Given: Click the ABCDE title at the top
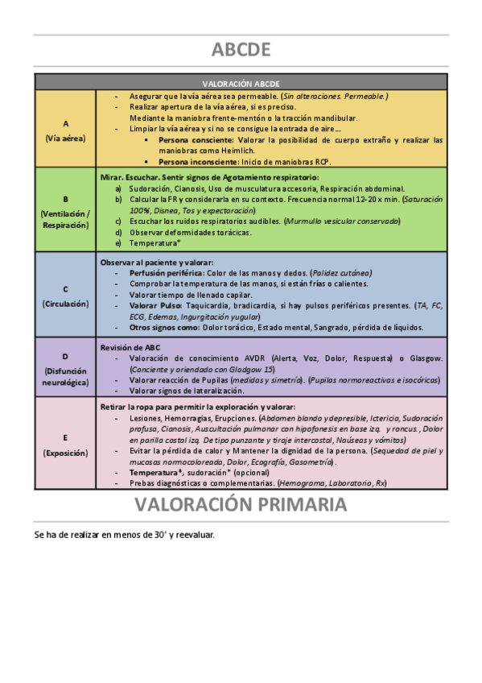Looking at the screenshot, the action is pos(241,50).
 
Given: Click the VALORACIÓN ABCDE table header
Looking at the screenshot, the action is pos(241,83).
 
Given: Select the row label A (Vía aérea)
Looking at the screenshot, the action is pos(65,130).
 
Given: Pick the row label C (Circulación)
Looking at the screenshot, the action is pos(65,295).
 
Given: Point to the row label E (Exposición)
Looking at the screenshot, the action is pos(65,445).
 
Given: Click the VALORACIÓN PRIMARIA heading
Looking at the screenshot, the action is pos(241,505).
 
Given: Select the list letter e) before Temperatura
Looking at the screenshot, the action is pos(118,242).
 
